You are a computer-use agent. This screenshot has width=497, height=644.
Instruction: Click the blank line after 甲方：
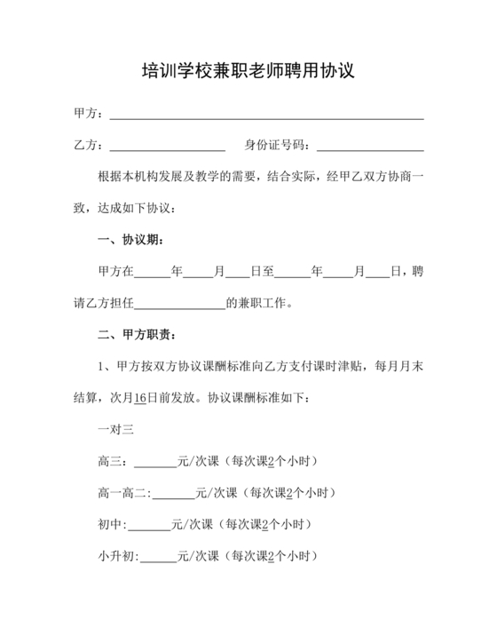[x=265, y=115]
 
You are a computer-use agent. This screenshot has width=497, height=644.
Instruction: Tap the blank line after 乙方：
[x=166, y=146]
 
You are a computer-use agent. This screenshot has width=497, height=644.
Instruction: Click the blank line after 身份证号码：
[x=369, y=146]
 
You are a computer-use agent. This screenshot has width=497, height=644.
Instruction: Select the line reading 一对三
[x=115, y=430]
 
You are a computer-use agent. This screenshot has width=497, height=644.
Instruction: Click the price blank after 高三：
[x=155, y=462]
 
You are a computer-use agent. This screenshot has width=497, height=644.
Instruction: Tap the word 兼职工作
[x=264, y=303]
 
